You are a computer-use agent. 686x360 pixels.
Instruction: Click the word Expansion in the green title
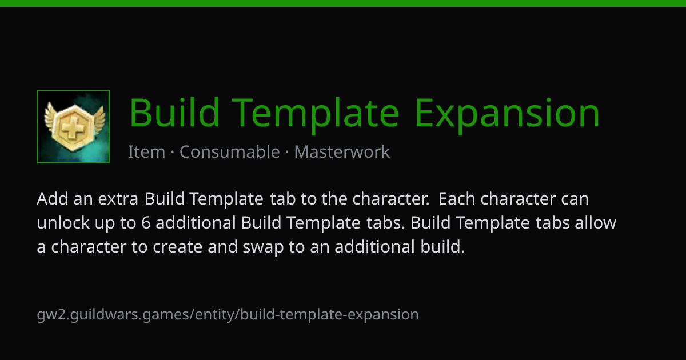click(507, 113)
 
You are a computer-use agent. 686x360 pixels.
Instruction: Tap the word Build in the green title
click(174, 112)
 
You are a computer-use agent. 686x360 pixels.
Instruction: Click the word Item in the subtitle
click(146, 152)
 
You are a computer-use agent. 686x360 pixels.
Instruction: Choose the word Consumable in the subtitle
click(230, 151)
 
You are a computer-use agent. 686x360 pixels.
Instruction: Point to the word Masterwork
click(342, 152)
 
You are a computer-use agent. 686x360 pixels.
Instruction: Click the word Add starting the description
click(53, 199)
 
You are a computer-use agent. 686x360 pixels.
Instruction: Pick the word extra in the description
click(118, 199)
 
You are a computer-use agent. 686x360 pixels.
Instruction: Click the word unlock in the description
click(63, 222)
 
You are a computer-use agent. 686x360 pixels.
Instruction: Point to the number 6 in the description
click(146, 223)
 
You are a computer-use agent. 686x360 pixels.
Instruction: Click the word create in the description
click(178, 247)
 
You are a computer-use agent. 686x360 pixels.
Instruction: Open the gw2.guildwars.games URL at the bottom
click(228, 315)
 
